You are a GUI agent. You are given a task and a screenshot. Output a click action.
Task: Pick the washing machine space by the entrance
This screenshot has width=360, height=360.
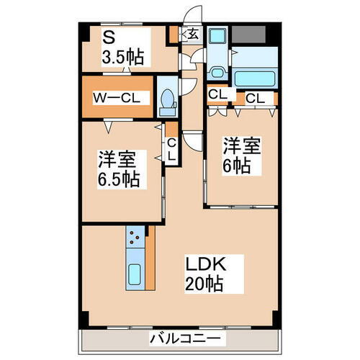[x=218, y=40]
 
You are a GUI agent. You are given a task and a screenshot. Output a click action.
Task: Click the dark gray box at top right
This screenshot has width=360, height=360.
[x=250, y=33]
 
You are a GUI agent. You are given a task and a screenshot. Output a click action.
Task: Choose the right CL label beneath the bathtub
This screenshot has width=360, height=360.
[x=254, y=97]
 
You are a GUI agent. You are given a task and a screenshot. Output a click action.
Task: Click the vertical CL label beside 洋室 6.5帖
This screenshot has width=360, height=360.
[x=171, y=148]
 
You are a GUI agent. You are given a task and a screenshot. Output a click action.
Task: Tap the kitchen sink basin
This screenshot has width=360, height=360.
[x=134, y=274]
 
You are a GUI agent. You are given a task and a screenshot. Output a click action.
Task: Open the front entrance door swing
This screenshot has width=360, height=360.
[x=192, y=14]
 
